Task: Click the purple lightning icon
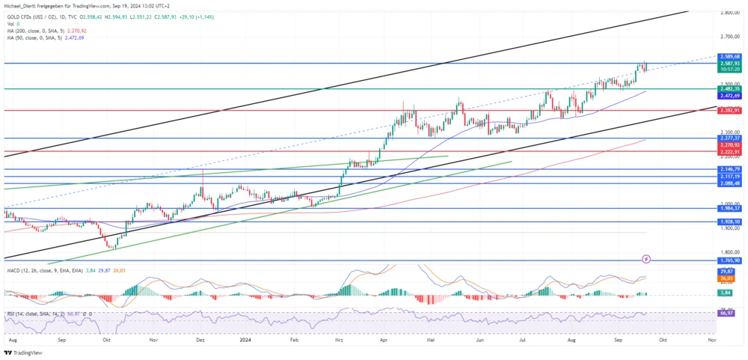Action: [x=646, y=259]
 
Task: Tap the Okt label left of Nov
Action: [x=106, y=339]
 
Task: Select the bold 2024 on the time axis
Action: [x=245, y=339]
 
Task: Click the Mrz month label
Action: [x=339, y=339]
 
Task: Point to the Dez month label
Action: [x=200, y=339]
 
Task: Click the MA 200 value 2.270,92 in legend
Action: [x=75, y=31]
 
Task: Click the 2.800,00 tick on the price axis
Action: [x=729, y=13]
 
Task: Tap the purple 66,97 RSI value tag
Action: [x=725, y=313]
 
